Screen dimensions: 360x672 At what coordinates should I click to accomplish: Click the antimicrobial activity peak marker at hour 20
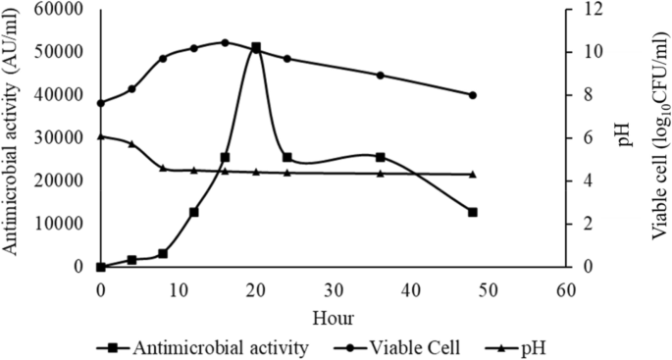click(256, 47)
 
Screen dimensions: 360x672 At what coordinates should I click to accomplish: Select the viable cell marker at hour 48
click(473, 95)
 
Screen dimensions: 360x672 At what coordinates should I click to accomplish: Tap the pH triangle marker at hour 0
click(101, 136)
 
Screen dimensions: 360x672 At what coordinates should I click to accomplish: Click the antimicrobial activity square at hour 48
click(473, 212)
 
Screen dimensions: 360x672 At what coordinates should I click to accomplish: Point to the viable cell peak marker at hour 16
click(225, 42)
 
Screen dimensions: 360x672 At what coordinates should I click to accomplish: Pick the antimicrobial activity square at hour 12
click(194, 212)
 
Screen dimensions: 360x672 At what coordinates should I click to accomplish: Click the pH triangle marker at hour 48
click(473, 174)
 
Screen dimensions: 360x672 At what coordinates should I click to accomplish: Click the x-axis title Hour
click(334, 318)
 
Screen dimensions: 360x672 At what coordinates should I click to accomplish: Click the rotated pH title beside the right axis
click(625, 137)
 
